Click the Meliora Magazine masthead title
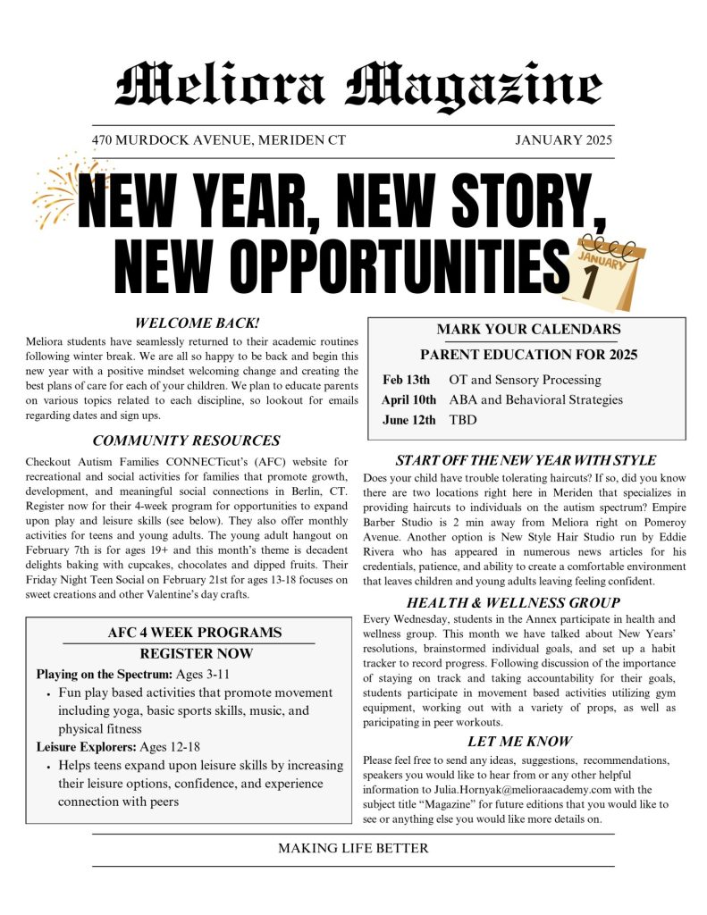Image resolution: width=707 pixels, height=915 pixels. pyautogui.click(x=358, y=86)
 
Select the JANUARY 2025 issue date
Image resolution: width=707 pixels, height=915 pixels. pyautogui.click(x=564, y=140)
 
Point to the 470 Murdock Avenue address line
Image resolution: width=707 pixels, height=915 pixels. pyautogui.click(x=218, y=140)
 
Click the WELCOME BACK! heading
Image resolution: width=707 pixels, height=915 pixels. pyautogui.click(x=197, y=323)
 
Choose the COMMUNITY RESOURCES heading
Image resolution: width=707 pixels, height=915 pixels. pyautogui.click(x=186, y=441)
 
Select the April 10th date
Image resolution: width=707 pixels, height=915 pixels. pyautogui.click(x=408, y=399)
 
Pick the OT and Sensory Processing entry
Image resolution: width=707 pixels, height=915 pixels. pyautogui.click(x=525, y=379)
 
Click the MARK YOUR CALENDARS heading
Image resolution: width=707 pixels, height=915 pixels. pyautogui.click(x=528, y=330)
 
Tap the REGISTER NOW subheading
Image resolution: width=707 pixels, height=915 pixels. pyautogui.click(x=196, y=653)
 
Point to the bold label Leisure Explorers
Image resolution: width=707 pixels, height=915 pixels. pyautogui.click(x=86, y=746)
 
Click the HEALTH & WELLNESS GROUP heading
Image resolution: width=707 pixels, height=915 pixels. pyautogui.click(x=526, y=603)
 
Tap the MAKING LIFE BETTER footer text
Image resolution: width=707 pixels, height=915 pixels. pyautogui.click(x=353, y=848)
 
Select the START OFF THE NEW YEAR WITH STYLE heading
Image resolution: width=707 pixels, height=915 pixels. pyautogui.click(x=526, y=460)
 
